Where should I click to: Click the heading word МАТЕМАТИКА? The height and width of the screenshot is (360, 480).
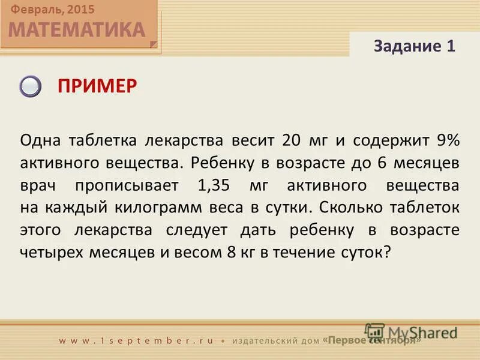coord(77,29)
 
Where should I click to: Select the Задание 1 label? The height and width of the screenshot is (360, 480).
coord(415,46)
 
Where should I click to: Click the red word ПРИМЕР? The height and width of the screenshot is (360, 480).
coord(97,86)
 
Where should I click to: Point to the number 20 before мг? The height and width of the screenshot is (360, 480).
coord(289,140)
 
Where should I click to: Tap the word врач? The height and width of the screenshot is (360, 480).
coord(40,185)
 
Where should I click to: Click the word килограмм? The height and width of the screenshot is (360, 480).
coord(182,208)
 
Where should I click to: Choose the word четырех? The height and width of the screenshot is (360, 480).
coord(54,252)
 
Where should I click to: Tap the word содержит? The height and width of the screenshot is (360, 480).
coord(390,140)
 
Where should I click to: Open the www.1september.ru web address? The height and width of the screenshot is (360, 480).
coord(136,340)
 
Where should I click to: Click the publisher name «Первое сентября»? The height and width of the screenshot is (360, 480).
coord(372,340)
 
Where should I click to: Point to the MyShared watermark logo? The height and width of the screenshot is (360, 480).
coord(412,331)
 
